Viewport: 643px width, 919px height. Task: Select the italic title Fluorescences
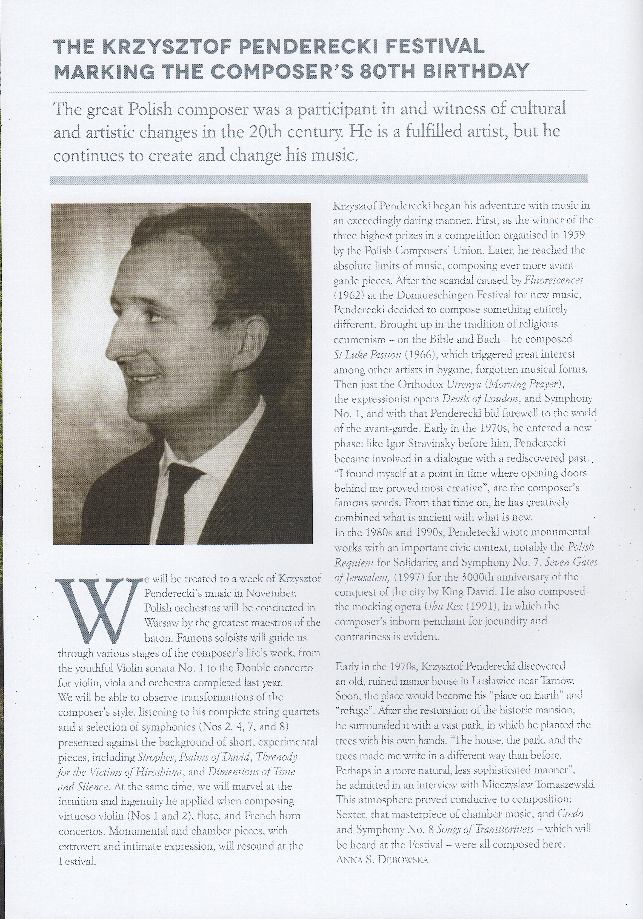(x=553, y=280)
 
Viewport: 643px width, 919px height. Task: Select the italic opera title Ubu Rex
(x=443, y=606)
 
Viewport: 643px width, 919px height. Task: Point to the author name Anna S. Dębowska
(x=382, y=859)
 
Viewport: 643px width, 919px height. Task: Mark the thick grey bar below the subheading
(x=319, y=179)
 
